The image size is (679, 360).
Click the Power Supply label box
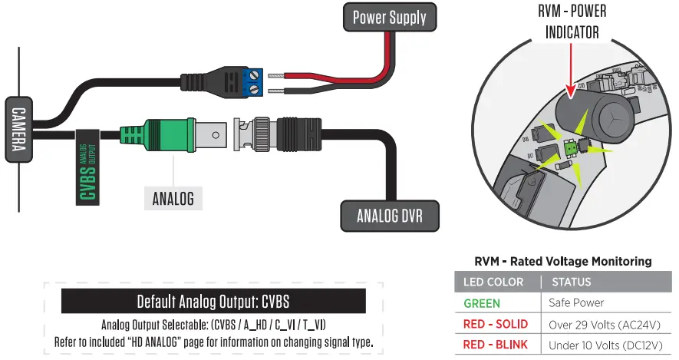[389, 17]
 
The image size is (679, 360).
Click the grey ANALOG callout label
[173, 198]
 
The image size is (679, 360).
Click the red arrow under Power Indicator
[570, 73]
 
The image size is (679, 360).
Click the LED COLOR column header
[493, 282]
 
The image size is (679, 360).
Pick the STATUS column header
[572, 282]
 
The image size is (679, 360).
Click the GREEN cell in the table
[482, 303]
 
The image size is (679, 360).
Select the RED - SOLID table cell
[496, 324]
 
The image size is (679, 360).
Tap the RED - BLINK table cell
[496, 345]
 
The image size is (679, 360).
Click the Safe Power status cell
[576, 303]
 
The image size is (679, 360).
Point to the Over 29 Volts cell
[605, 324]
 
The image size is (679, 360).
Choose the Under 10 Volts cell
[605, 345]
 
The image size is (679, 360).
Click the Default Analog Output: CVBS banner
[213, 300]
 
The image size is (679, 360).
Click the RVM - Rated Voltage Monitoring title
[563, 261]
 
